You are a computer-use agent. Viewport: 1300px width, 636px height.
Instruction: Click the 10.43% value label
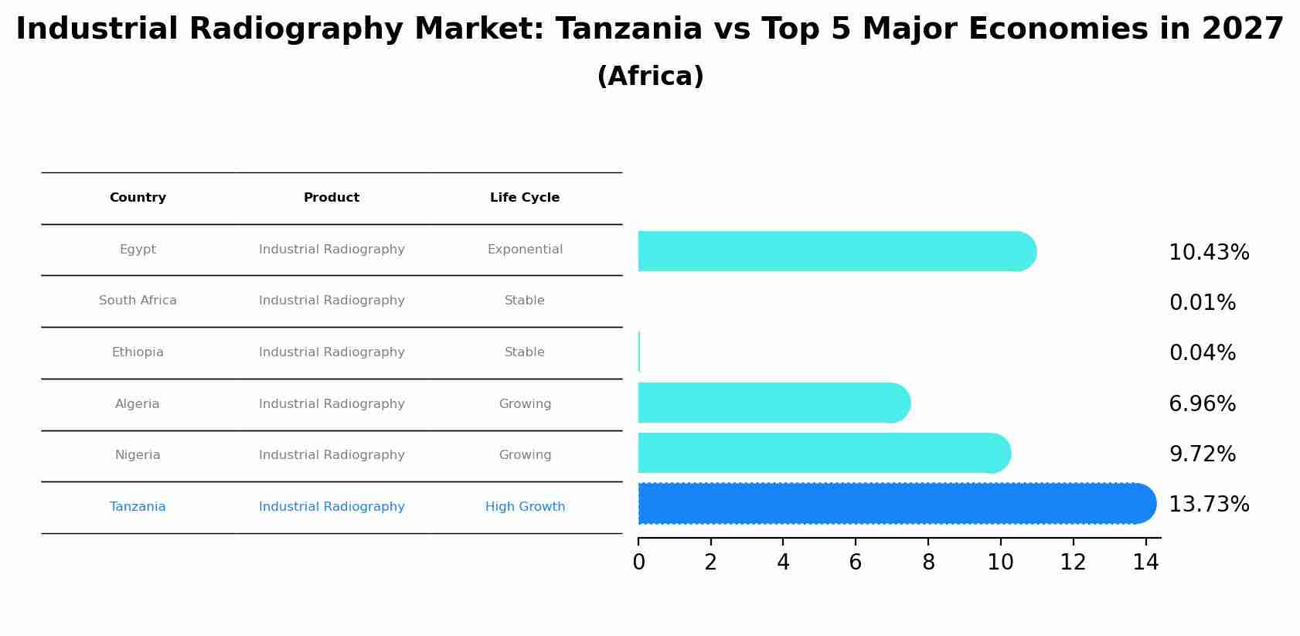coord(1208,253)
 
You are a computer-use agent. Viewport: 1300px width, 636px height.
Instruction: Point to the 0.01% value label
coord(1202,303)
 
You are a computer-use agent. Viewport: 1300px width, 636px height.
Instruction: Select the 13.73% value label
coord(1208,505)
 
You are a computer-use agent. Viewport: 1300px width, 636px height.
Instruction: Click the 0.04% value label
coord(1202,353)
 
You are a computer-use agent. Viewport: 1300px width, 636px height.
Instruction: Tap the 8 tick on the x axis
coord(928,563)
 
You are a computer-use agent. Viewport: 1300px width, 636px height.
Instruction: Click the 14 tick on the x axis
coord(1145,563)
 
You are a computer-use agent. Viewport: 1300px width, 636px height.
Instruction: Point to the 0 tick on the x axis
coord(638,563)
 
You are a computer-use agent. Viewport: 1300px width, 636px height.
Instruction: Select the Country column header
coord(138,198)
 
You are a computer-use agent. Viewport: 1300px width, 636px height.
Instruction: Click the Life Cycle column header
coord(525,198)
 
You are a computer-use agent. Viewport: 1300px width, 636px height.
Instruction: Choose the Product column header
coord(332,198)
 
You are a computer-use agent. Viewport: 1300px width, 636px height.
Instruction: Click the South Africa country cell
coord(138,301)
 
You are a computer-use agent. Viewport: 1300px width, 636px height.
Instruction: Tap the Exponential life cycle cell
coord(525,250)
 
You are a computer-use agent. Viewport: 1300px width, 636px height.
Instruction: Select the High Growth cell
coord(525,507)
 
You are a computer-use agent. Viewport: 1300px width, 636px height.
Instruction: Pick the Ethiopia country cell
coord(138,352)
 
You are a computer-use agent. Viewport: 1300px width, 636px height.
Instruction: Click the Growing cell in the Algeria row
coord(525,404)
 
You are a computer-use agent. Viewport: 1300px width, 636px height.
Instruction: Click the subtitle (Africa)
coord(650,77)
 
